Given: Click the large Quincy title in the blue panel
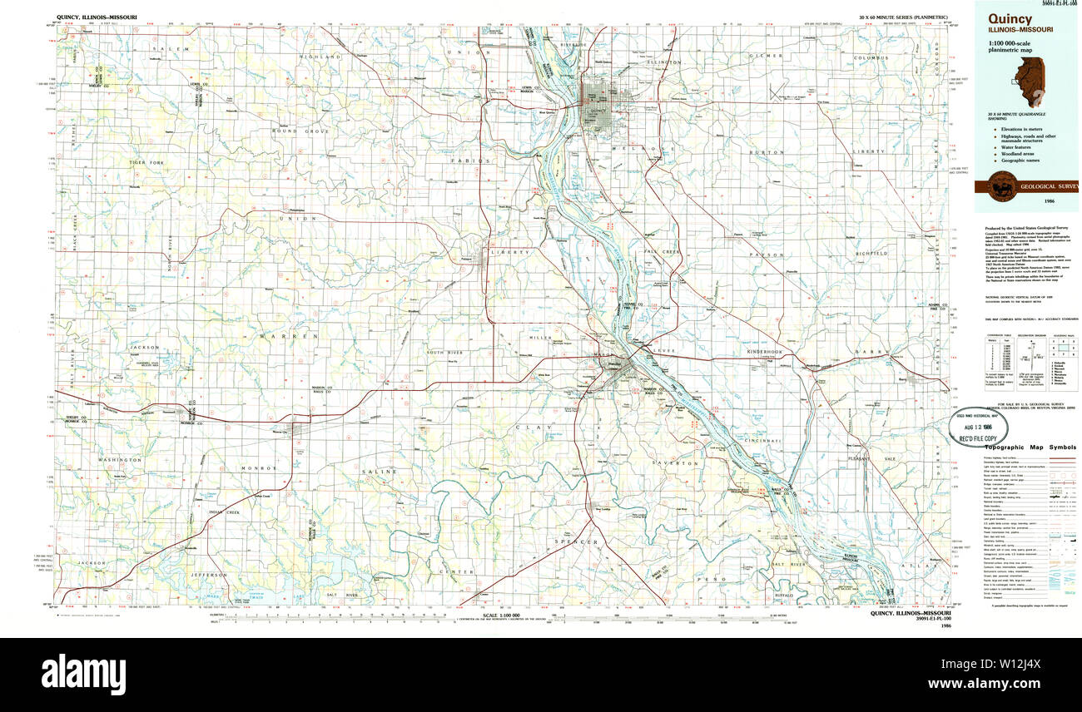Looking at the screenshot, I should pyautogui.click(x=1010, y=18).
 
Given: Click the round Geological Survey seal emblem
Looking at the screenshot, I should pyautogui.click(x=1002, y=186).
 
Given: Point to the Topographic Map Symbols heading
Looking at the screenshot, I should pyautogui.click(x=1029, y=447).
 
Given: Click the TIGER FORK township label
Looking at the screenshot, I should pyautogui.click(x=146, y=162).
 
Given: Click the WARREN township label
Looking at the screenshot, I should pyautogui.click(x=277, y=336).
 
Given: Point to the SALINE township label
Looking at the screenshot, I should pyautogui.click(x=374, y=472).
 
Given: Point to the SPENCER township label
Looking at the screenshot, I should pyautogui.click(x=577, y=542).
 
